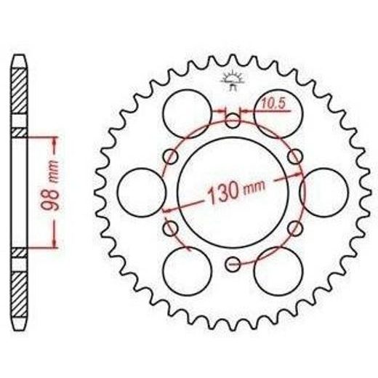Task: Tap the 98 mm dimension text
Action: click(50, 185)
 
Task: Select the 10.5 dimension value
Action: click(273, 104)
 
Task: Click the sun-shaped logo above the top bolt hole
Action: click(233, 80)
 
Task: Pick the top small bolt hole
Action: click(233, 121)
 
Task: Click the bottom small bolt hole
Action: click(233, 264)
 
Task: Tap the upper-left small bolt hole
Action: click(171, 156)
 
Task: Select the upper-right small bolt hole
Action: click(295, 156)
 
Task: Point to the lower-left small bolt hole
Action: click(171, 228)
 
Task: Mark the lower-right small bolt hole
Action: click(295, 228)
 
